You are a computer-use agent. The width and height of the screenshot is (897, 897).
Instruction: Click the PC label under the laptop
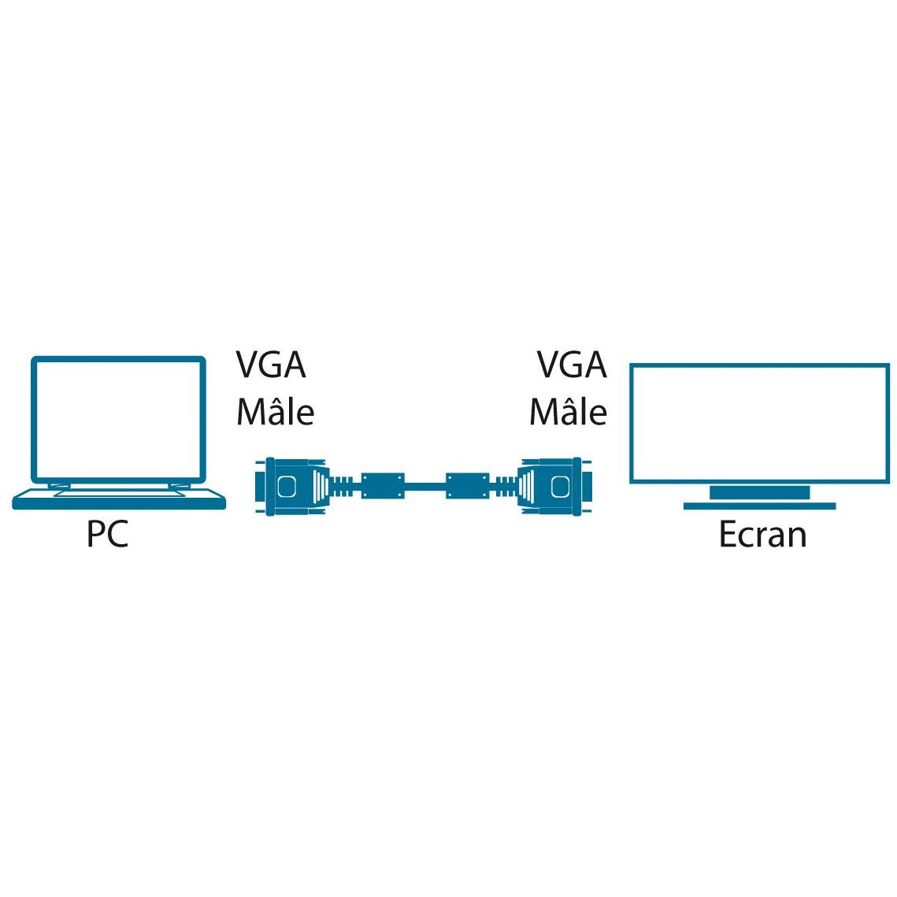pos(108,533)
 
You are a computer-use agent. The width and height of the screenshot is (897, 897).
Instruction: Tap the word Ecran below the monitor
pos(762,534)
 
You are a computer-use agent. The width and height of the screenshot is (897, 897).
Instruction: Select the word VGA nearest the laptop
pos(271,365)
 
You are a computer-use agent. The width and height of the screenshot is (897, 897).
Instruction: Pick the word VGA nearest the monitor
pos(572,365)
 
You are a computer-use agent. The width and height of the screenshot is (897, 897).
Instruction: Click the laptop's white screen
pos(118,421)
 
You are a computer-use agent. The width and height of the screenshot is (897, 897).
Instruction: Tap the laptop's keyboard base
pos(119,499)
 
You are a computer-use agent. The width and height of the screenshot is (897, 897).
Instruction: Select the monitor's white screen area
pos(760,424)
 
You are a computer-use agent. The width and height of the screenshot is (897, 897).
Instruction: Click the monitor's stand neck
pos(760,492)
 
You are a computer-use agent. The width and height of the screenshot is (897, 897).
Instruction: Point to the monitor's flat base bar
pos(760,506)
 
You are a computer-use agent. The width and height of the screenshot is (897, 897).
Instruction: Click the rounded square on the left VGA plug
pos(287,487)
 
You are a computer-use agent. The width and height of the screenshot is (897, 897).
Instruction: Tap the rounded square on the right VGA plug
pos(560,487)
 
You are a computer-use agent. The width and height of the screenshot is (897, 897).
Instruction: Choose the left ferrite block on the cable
pos(383,486)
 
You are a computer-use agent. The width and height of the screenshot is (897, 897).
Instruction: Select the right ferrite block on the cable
pos(467,486)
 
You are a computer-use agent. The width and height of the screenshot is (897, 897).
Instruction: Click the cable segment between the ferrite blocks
pos(425,487)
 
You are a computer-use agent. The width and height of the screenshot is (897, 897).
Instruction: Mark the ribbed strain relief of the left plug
pos(346,487)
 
